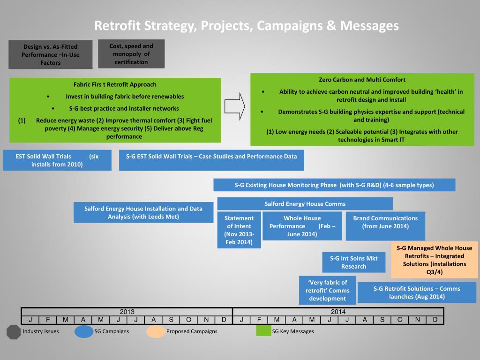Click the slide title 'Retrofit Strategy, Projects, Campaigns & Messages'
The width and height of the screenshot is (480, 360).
coord(246,25)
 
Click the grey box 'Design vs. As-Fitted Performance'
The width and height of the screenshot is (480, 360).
coord(50,54)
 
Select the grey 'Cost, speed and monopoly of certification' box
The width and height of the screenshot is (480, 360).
coord(131,54)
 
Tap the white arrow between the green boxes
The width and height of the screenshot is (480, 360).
coord(235,106)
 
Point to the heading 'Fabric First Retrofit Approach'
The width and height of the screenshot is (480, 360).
coord(115,84)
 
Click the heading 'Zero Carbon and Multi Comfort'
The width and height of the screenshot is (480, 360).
coord(362,80)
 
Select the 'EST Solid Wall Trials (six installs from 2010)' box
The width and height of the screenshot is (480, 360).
coord(57,160)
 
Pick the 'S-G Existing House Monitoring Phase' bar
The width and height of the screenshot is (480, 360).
coord(334,185)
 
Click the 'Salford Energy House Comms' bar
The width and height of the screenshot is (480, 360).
coord(305,204)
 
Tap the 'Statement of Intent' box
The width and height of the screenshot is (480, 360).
coord(239,230)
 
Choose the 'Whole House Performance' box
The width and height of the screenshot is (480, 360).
coord(302,226)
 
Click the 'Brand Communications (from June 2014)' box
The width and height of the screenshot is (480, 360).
coord(385,222)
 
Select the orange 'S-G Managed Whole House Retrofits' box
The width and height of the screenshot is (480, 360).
coord(434,260)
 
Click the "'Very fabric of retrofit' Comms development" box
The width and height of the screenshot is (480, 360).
coord(327,290)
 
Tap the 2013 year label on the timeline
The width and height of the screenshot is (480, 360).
coord(127,312)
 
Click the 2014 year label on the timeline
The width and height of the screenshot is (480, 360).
coord(338,312)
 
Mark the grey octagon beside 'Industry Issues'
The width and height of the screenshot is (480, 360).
coord(14,331)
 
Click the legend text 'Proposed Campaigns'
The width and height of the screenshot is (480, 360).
coord(192,331)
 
